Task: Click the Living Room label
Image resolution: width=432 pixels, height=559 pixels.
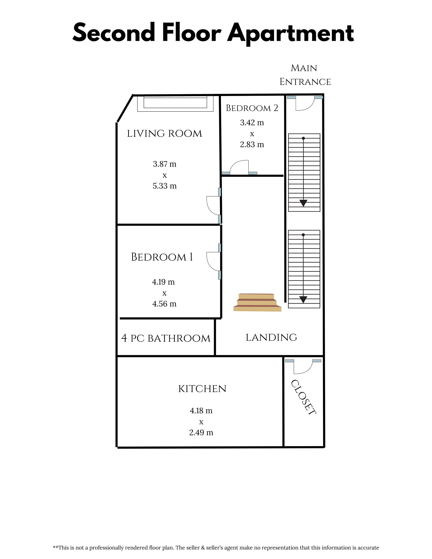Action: click(x=164, y=134)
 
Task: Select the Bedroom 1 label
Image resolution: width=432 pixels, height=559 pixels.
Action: click(x=162, y=257)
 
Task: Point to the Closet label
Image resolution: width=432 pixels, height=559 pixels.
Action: click(x=304, y=397)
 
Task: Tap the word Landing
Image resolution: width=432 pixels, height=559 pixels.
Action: click(x=271, y=337)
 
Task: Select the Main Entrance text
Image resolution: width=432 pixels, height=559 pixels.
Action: click(x=305, y=75)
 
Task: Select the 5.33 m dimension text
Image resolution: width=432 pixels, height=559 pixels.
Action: click(x=165, y=186)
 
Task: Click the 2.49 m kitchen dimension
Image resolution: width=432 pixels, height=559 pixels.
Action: click(x=201, y=432)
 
